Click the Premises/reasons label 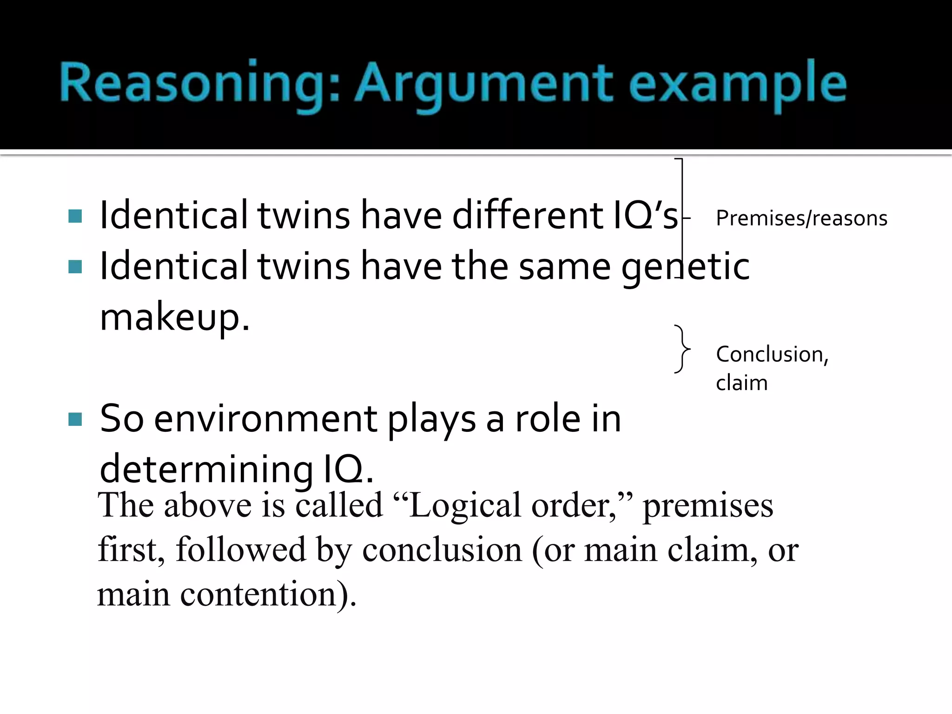[x=801, y=218]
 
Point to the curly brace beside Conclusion [x=682, y=349]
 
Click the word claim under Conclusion [x=741, y=383]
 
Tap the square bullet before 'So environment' [x=75, y=419]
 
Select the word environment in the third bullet [x=265, y=419]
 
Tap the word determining [x=206, y=469]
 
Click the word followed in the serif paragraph [x=241, y=550]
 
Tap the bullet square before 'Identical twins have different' [x=75, y=216]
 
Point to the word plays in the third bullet [x=431, y=419]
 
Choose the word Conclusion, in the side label [x=772, y=354]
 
